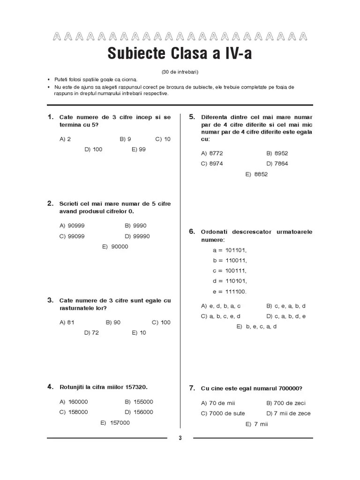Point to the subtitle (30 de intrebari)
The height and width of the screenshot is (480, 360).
coord(180,72)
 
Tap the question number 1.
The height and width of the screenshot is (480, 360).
coord(50,117)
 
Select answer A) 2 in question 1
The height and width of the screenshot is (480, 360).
coord(65,139)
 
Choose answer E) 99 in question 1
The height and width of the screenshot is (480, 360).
coord(139,150)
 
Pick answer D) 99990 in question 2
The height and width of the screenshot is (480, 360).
coord(137,236)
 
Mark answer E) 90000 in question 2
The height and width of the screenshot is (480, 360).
coord(115,247)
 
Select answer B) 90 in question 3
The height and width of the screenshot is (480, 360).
coord(113,322)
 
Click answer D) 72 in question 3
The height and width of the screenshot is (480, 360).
coord(91,333)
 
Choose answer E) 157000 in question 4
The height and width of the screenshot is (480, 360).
coord(115,423)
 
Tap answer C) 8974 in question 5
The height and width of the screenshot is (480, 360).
coord(212,164)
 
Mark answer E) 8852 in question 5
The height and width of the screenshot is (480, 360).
coord(256,174)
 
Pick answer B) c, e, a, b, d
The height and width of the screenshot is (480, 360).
coord(286,306)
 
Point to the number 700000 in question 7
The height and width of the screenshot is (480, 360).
coord(288,388)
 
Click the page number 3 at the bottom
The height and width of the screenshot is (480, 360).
coord(180,438)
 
